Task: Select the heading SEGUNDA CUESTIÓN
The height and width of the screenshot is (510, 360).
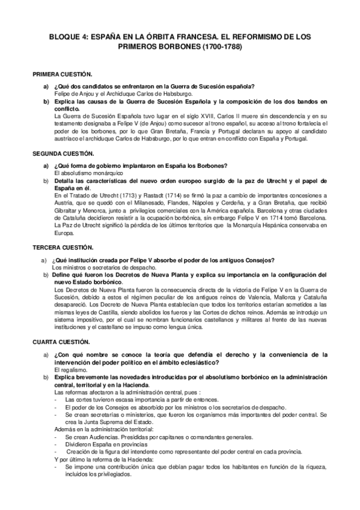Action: point(62,153)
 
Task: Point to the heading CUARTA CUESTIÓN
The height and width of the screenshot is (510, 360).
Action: point(60,341)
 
